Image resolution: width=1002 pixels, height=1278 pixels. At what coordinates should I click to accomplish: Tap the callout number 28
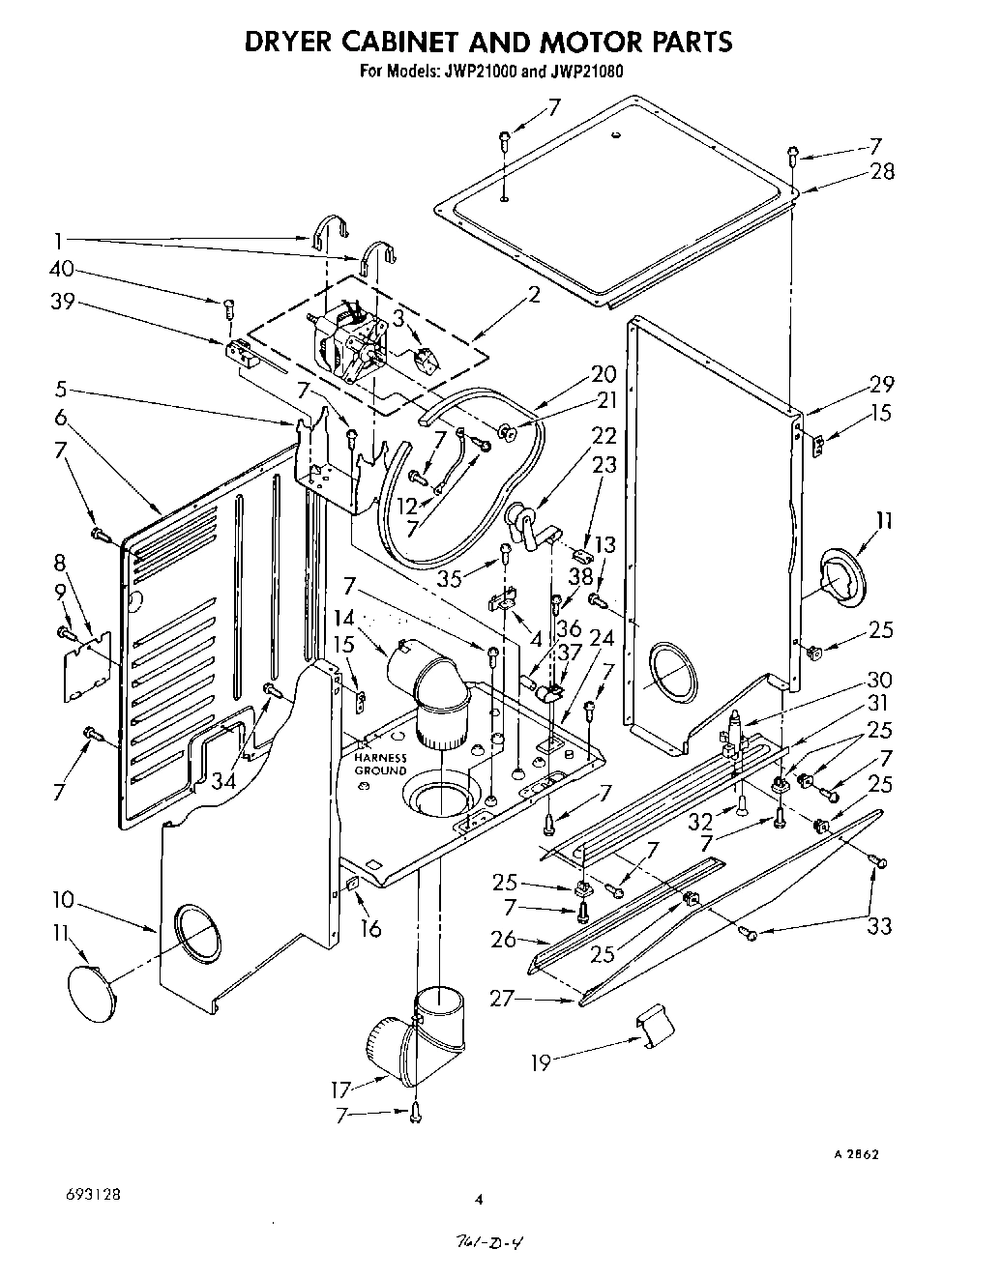point(881,172)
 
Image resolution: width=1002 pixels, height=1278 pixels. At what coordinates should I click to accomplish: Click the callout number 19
point(543,1062)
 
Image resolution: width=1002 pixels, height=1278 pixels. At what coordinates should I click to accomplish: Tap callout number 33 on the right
point(879,926)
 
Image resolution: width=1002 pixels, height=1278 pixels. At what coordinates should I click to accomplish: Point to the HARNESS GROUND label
point(380,764)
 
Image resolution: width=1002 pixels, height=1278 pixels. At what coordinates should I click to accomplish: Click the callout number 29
point(881,383)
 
